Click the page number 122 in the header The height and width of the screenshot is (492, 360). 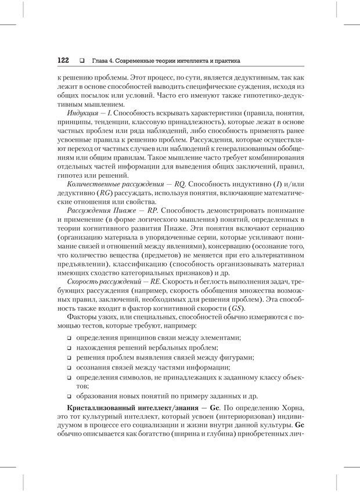click(63, 60)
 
